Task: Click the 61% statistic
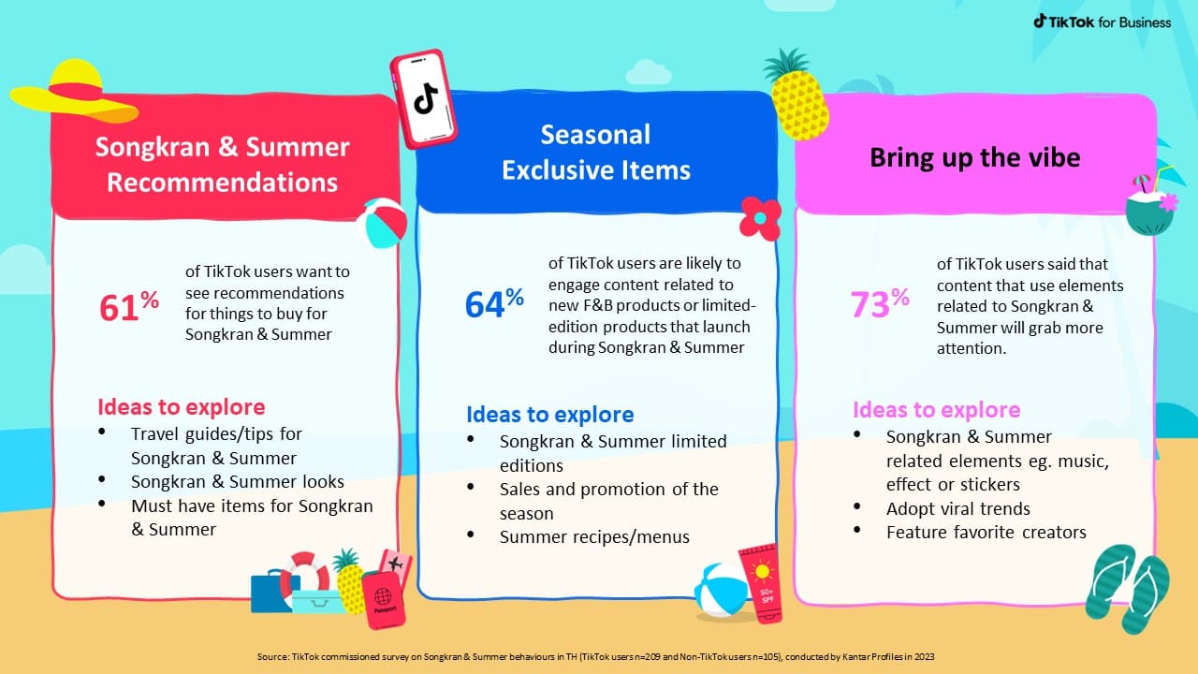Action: click(x=129, y=306)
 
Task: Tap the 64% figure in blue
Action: click(x=494, y=303)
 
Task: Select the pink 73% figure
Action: click(x=880, y=303)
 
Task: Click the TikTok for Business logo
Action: click(x=1102, y=22)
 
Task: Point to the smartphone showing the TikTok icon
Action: click(x=424, y=99)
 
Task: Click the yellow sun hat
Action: click(x=74, y=93)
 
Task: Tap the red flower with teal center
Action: click(x=760, y=218)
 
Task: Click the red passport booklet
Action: click(x=383, y=600)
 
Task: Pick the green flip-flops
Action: click(x=1128, y=589)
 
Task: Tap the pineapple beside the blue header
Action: click(x=796, y=95)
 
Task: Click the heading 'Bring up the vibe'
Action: click(x=975, y=157)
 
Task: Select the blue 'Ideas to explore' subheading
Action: click(x=549, y=415)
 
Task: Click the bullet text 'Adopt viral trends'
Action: click(x=957, y=508)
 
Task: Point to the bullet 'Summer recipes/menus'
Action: click(x=594, y=536)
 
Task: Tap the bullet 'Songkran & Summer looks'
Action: click(x=238, y=481)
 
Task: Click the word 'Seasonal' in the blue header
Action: click(x=595, y=134)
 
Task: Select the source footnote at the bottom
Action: click(x=595, y=656)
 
